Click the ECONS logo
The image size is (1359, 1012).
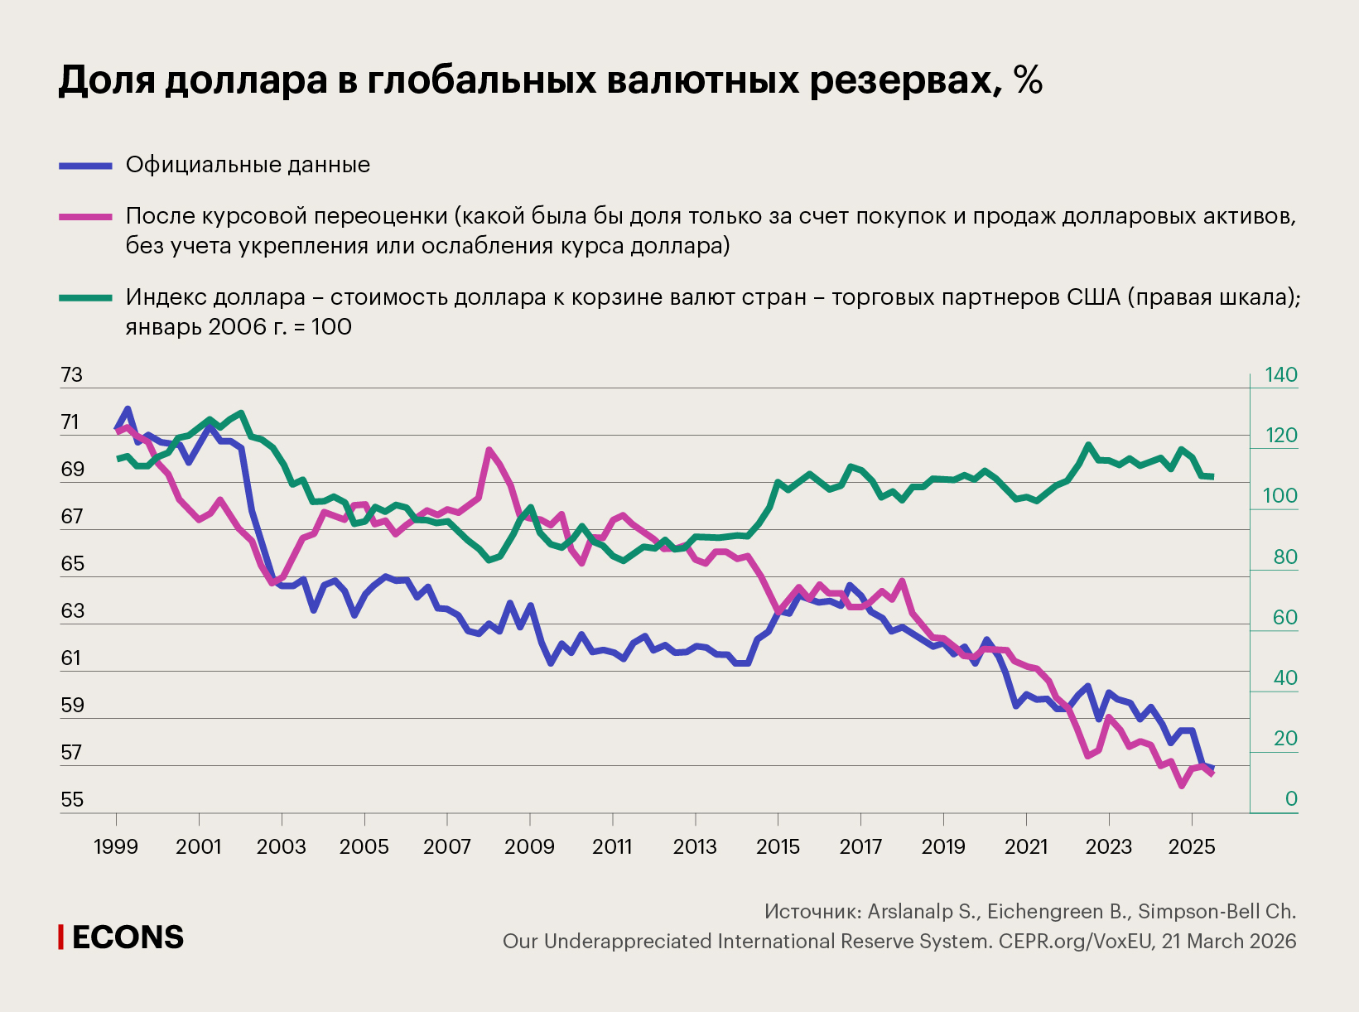(122, 937)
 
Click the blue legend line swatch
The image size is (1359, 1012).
(85, 166)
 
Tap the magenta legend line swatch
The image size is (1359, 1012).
(85, 217)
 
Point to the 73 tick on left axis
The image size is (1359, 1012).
(72, 375)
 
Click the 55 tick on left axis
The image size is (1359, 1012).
(72, 800)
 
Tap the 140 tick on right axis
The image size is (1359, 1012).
(1280, 375)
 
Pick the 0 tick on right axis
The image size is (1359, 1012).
(1290, 799)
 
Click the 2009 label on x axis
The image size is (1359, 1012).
(529, 847)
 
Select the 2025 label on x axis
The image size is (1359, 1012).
(1191, 847)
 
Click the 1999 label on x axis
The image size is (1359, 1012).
(116, 847)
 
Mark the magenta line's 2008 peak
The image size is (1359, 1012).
(489, 450)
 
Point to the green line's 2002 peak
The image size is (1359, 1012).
(240, 412)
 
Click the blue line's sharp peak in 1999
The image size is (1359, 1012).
(128, 409)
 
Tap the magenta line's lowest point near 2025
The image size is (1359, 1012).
(1181, 785)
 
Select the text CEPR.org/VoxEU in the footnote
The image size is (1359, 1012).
(1076, 942)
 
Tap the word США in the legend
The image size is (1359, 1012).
(1091, 297)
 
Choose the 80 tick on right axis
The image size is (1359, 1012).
(1284, 557)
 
